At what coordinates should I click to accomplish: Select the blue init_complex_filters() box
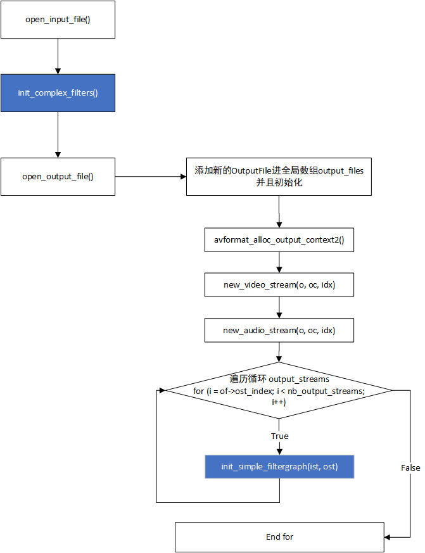click(58, 93)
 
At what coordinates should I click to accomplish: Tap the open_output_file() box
click(58, 176)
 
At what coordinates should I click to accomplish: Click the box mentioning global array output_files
click(279, 176)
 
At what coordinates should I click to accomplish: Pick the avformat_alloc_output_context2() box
click(279, 240)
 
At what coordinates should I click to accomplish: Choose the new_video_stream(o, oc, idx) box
click(279, 285)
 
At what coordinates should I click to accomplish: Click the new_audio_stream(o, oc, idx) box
click(279, 330)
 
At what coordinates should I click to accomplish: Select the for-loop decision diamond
click(279, 390)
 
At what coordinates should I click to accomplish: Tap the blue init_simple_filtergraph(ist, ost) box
click(279, 467)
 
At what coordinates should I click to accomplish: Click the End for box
click(279, 537)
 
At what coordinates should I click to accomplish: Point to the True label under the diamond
click(279, 436)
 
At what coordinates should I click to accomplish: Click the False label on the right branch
click(410, 467)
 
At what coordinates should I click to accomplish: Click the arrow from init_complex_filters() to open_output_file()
click(58, 135)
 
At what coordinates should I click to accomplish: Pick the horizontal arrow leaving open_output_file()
click(151, 176)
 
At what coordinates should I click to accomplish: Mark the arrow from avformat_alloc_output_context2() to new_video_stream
click(279, 263)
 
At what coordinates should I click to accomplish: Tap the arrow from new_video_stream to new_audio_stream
click(279, 308)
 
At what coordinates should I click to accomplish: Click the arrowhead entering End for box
click(388, 537)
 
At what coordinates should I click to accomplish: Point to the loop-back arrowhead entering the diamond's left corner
click(162, 390)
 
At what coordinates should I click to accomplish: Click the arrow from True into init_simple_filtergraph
click(279, 448)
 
